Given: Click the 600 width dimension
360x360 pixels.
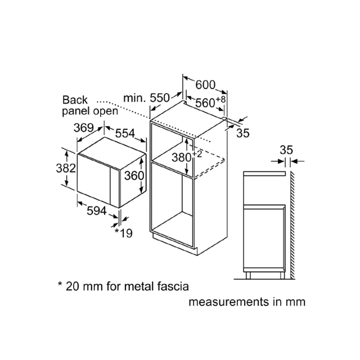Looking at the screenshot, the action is click(x=205, y=85).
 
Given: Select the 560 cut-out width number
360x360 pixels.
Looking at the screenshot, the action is click(x=205, y=102).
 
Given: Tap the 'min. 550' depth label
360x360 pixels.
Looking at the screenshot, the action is click(x=146, y=98).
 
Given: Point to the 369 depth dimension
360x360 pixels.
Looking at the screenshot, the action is click(x=84, y=128).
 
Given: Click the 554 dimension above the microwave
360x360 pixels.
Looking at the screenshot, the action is click(x=125, y=133).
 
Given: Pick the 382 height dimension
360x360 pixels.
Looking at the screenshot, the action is click(x=66, y=168).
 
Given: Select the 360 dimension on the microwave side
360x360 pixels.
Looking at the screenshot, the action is click(x=134, y=176).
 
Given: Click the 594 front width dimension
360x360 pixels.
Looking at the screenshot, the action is click(x=97, y=211).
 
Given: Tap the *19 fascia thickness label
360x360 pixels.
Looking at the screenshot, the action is click(x=124, y=233).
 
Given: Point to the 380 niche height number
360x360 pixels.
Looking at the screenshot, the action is click(x=182, y=157).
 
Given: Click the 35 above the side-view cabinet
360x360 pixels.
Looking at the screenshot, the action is click(x=286, y=150).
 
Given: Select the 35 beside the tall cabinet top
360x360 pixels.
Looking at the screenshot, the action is click(x=243, y=133).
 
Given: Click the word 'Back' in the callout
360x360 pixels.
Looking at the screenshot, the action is click(x=75, y=100).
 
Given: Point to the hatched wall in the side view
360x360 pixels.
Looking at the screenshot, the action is click(x=292, y=225).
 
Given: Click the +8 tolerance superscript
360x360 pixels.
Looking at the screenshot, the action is click(x=220, y=100).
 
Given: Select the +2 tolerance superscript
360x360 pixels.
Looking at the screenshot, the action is click(x=197, y=154).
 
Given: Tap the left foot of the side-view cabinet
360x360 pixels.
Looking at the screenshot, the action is click(x=248, y=275).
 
